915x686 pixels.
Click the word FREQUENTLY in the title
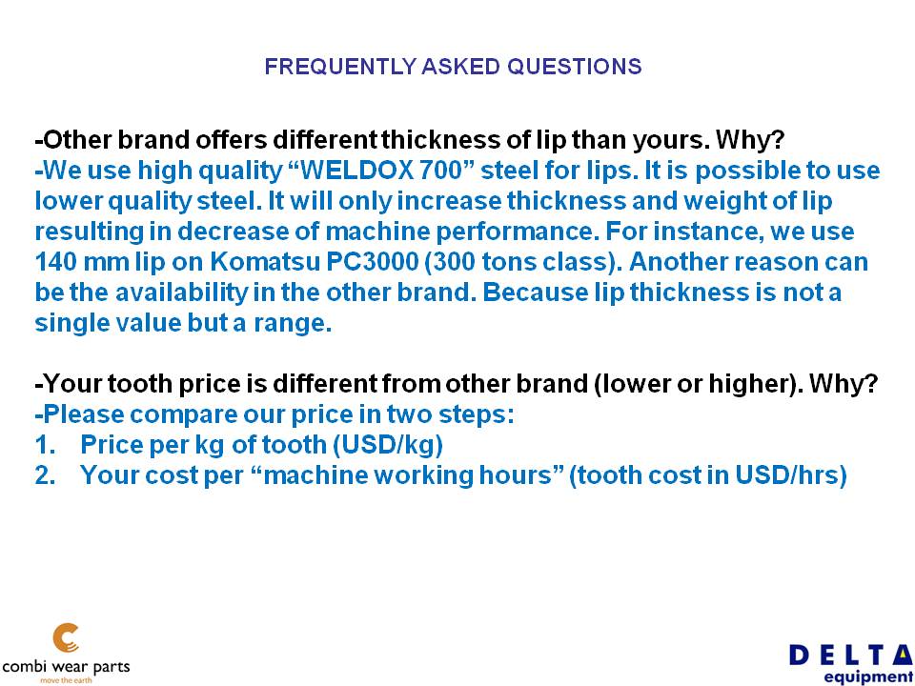(x=340, y=67)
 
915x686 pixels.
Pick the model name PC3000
(x=373, y=261)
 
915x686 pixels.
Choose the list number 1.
(x=45, y=445)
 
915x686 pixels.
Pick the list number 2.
(x=45, y=474)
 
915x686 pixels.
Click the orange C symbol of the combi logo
(x=66, y=638)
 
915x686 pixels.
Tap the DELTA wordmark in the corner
(x=851, y=656)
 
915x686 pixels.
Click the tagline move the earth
(x=66, y=679)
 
